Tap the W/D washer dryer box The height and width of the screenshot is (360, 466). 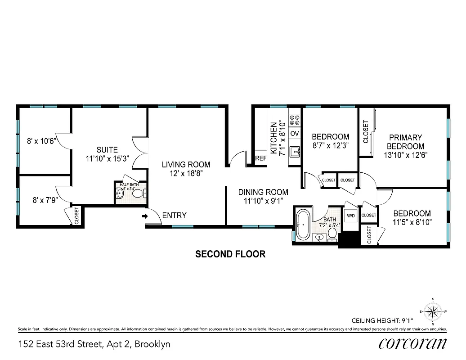coord(351,216)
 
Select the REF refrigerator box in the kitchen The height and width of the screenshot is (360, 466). coord(261,158)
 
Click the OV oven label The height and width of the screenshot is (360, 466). coord(295,134)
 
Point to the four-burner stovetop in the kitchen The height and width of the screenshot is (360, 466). coord(295,120)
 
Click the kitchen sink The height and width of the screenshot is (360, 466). coord(295,152)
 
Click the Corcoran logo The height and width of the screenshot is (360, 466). coord(413,344)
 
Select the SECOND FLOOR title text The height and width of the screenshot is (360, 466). coord(230,254)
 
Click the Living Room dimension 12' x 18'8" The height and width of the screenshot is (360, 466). coord(186,173)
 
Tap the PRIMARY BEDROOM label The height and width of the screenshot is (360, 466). coord(405,142)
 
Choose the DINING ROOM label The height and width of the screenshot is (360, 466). coord(263,192)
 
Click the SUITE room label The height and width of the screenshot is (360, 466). coord(107,150)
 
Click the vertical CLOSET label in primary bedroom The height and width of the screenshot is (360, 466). coord(366,132)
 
